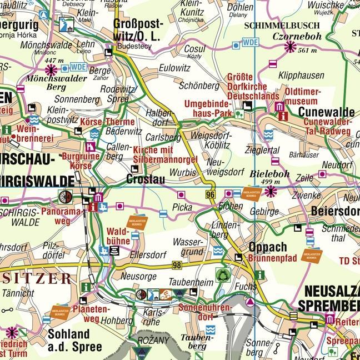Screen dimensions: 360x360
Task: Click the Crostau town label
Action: (145, 179)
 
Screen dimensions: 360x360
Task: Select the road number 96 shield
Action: (209, 194)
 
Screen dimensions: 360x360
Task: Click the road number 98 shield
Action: (177, 266)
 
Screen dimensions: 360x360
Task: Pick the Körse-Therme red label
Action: (108, 122)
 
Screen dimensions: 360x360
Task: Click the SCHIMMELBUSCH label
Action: (282, 26)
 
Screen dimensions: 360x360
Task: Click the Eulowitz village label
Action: (174, 68)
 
